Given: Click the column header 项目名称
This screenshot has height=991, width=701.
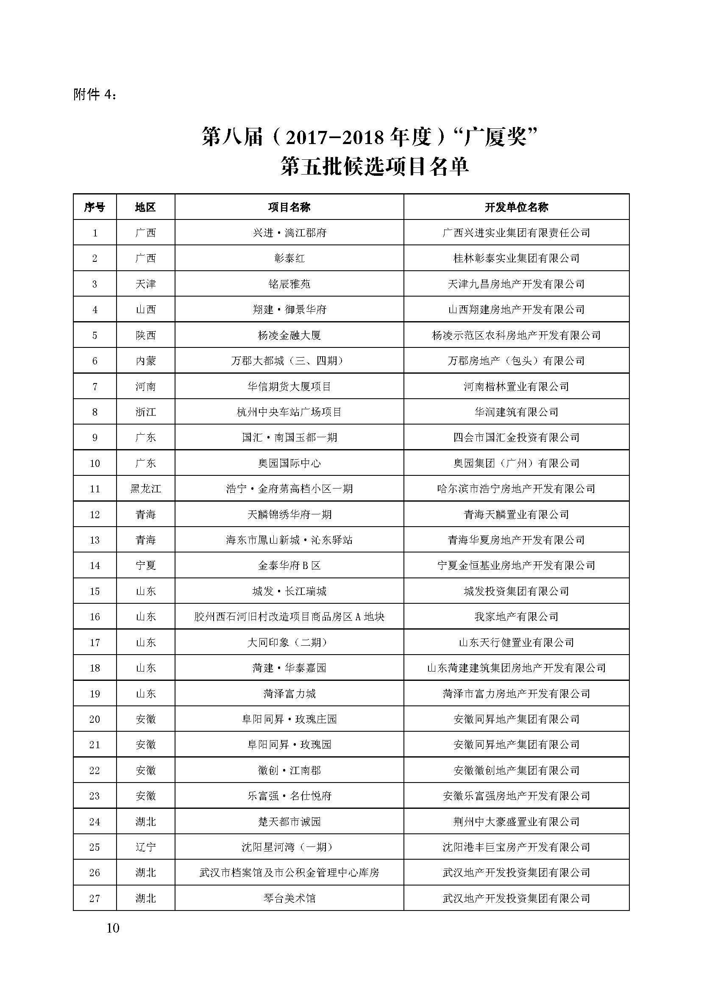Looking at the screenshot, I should (x=289, y=207).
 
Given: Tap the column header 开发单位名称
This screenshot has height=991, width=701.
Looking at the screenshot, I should (x=516, y=207).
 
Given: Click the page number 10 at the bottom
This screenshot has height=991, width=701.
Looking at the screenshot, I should (x=113, y=928).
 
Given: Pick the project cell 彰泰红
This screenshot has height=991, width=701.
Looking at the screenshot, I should (x=289, y=258).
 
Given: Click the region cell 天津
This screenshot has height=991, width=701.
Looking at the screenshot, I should (x=145, y=284).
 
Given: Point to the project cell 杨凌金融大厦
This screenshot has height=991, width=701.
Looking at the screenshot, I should (x=289, y=336).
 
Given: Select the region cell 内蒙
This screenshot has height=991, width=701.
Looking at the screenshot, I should (x=145, y=361).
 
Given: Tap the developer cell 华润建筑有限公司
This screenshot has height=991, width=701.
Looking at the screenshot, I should (x=516, y=412).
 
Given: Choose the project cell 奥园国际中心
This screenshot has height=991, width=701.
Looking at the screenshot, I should (x=289, y=463).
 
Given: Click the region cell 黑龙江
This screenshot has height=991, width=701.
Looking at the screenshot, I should (x=145, y=489).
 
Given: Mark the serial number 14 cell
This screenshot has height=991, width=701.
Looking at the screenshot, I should (x=95, y=566).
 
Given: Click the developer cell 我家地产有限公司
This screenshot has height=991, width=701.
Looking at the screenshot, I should (x=516, y=617).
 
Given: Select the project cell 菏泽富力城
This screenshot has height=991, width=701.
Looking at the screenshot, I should (x=289, y=694).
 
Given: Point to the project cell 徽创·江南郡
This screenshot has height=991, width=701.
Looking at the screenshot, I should (x=289, y=770).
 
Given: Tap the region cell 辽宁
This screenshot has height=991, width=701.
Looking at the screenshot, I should (x=145, y=847).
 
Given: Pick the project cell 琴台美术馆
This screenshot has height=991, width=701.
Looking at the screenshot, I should (x=289, y=898).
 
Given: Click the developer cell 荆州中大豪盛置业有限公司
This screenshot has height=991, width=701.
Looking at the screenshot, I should (x=516, y=822).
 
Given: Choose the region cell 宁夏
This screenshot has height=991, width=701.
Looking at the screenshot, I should (x=145, y=566).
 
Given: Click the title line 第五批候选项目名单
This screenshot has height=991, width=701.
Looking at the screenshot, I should (x=374, y=167).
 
